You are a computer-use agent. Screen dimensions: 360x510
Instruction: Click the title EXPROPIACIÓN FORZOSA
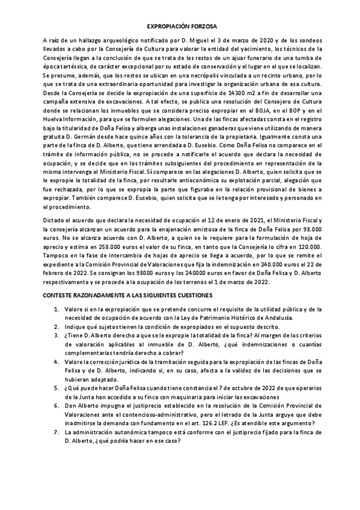click(180, 27)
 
